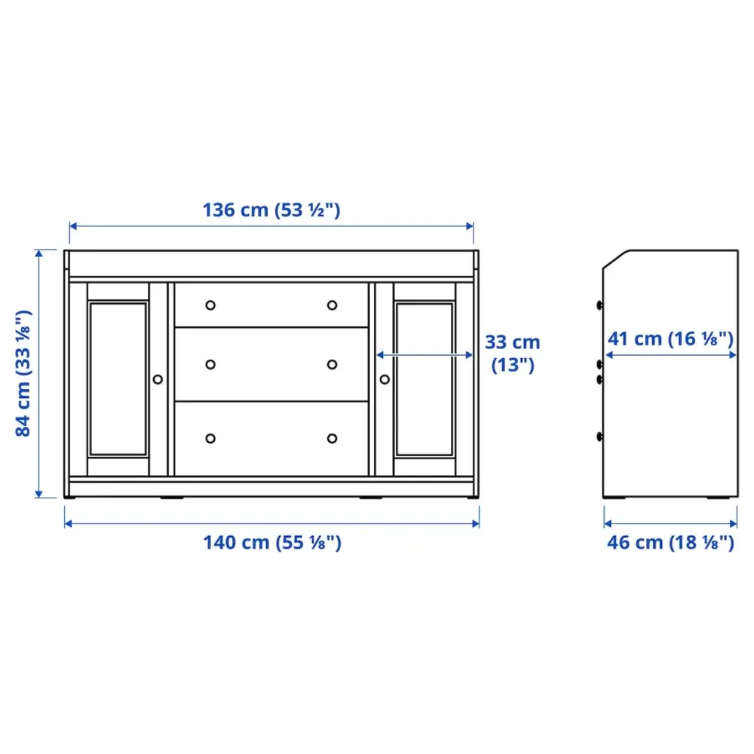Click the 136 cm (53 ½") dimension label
click(x=271, y=210)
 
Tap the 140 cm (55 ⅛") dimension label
click(x=271, y=541)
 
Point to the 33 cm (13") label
click(x=512, y=353)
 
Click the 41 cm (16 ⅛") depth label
click(x=670, y=339)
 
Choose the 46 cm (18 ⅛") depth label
click(x=670, y=541)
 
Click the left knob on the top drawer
click(x=210, y=305)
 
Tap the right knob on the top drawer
click(x=332, y=305)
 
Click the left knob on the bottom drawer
click(x=210, y=438)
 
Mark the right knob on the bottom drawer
click(x=332, y=438)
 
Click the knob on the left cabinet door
click(x=158, y=379)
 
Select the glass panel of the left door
click(x=118, y=379)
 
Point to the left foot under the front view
click(x=170, y=498)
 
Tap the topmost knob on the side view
click(x=599, y=305)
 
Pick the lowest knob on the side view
click(x=599, y=436)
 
